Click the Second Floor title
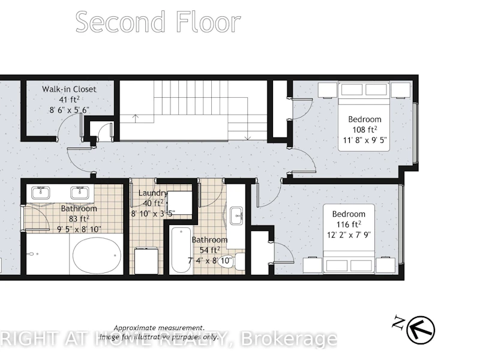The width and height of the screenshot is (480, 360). pyautogui.click(x=158, y=22)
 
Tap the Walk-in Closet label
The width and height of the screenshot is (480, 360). pyautogui.click(x=69, y=89)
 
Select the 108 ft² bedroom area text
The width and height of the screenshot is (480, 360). pyautogui.click(x=364, y=130)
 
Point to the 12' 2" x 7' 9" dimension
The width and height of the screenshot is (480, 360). pyautogui.click(x=349, y=235)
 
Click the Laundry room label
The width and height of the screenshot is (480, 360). pyautogui.click(x=153, y=193)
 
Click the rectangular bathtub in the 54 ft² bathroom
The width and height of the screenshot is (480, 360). pyautogui.click(x=181, y=250)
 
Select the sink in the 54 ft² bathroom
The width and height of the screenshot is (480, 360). pyautogui.click(x=236, y=215)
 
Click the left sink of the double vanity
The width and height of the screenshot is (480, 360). pyautogui.click(x=40, y=193)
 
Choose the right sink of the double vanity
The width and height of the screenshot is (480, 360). pyautogui.click(x=80, y=193)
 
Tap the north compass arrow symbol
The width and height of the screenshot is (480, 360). pyautogui.click(x=421, y=329)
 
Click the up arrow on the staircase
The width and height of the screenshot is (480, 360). pyautogui.click(x=135, y=118)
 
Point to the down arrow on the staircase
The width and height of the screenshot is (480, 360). pyautogui.click(x=248, y=135)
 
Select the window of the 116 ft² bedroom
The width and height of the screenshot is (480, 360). pyautogui.click(x=401, y=224)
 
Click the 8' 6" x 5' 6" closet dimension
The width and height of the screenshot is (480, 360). pyautogui.click(x=70, y=110)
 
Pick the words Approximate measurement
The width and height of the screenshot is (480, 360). pyautogui.click(x=159, y=328)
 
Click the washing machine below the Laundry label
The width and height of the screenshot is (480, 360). pyautogui.click(x=147, y=261)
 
